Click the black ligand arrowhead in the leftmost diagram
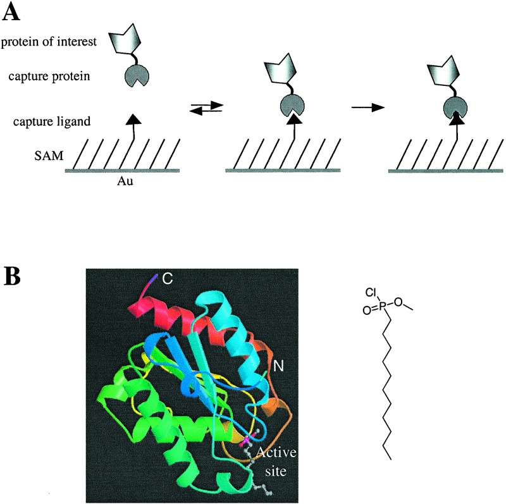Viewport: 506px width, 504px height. [131, 118]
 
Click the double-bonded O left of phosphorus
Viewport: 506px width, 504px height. [368, 310]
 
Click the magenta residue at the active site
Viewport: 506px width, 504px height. [245, 437]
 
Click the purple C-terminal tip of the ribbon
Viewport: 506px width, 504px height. [154, 278]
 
